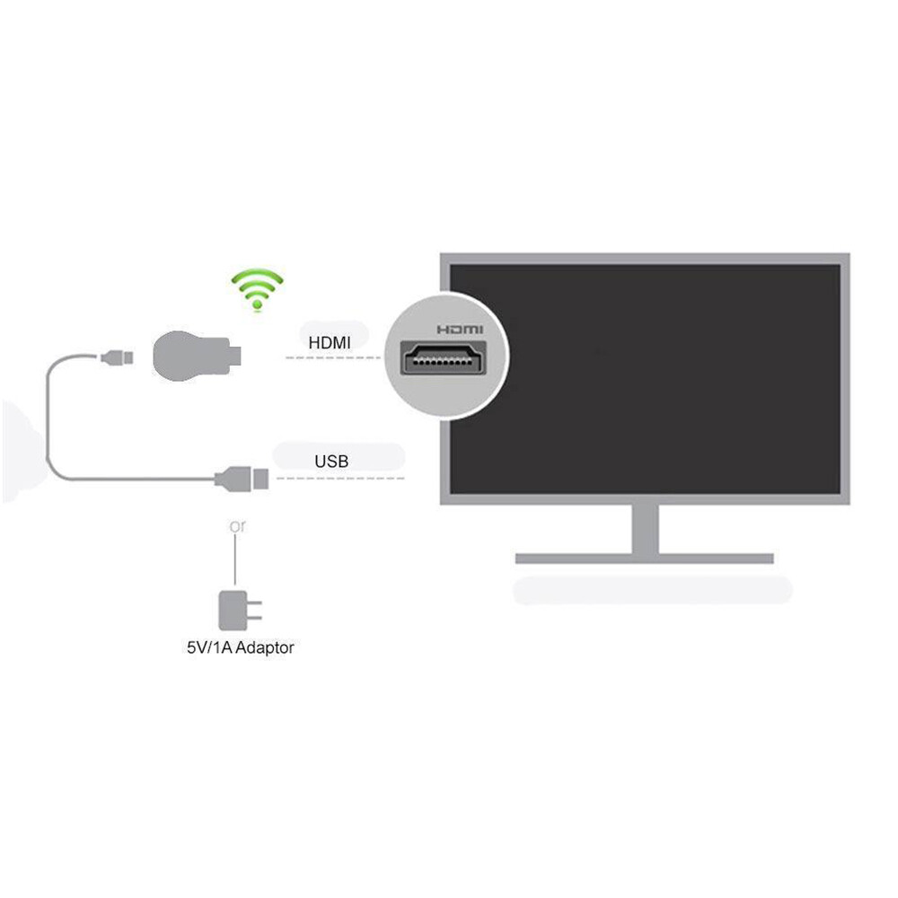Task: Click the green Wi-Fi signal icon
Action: coord(257,288)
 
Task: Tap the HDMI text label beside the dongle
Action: coord(330,342)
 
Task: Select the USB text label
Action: coord(331,461)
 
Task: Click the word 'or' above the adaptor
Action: coord(237,525)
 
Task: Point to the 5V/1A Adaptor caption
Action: coord(241,647)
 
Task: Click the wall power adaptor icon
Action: coord(240,611)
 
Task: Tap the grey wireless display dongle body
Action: coord(192,356)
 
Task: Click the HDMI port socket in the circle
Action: coord(444,358)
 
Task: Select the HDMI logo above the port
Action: coord(460,330)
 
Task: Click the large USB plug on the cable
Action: coord(242,479)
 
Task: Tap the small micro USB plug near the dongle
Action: coord(117,358)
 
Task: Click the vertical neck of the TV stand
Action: coord(646,529)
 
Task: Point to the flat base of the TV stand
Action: coord(644,559)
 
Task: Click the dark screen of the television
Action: coord(645,379)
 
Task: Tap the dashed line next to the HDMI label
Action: coord(333,358)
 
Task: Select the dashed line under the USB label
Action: coord(340,479)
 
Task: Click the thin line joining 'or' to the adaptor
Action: coord(235,559)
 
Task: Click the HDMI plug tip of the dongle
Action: coord(235,356)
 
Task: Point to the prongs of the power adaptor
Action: coord(254,611)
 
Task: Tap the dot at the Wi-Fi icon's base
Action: coord(257,305)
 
